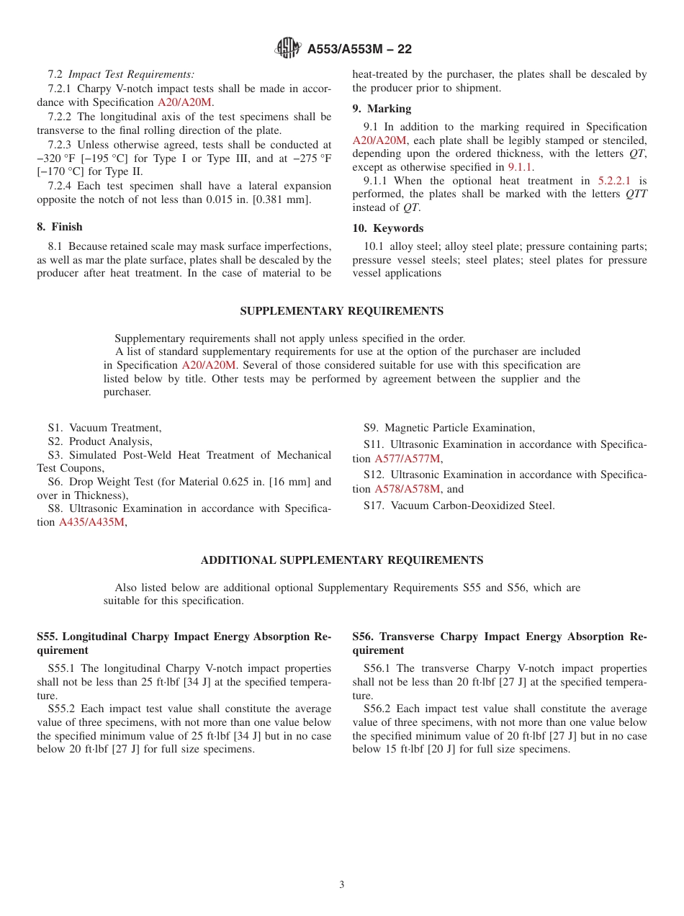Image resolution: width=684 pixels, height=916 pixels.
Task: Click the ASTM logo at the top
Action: (x=287, y=48)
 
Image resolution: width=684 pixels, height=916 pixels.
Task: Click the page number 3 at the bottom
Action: (x=342, y=885)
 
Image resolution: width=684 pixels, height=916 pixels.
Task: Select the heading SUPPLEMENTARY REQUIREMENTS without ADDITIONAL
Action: (x=341, y=311)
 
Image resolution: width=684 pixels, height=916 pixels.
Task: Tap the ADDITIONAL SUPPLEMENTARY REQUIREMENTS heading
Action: (x=341, y=560)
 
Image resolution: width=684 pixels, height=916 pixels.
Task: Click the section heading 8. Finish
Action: (x=60, y=227)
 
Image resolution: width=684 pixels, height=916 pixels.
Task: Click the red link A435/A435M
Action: (x=91, y=522)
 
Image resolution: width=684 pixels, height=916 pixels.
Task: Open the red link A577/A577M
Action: (x=408, y=459)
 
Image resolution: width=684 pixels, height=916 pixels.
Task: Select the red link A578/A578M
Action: (x=407, y=489)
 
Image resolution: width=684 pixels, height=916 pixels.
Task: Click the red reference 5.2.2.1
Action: (x=614, y=181)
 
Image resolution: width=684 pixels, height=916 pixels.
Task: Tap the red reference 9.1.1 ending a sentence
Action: (x=521, y=167)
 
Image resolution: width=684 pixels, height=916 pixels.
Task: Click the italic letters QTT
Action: (x=636, y=194)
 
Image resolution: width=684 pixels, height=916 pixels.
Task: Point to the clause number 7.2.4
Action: (x=60, y=187)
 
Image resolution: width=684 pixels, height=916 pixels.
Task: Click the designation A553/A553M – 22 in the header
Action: (x=359, y=49)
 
